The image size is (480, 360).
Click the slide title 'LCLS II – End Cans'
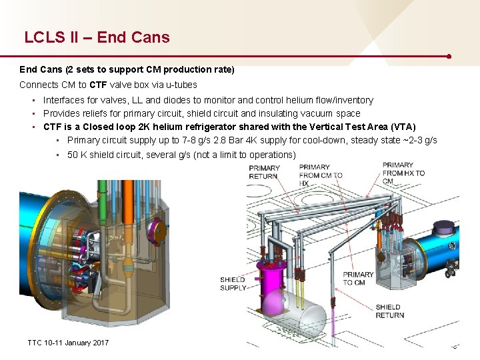pos(97,37)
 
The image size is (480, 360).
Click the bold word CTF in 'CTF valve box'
pos(97,85)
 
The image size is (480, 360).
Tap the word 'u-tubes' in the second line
pos(181,85)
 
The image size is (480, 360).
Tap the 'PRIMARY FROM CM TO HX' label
pos(320,175)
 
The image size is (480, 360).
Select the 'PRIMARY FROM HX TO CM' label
pos(403,173)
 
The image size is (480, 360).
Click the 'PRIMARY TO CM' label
pos(358,277)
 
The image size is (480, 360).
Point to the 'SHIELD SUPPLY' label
pos(233,283)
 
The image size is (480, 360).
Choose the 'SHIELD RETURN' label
pos(389,311)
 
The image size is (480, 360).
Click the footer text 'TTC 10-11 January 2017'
pos(67,343)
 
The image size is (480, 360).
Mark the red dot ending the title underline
pos(451,56)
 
